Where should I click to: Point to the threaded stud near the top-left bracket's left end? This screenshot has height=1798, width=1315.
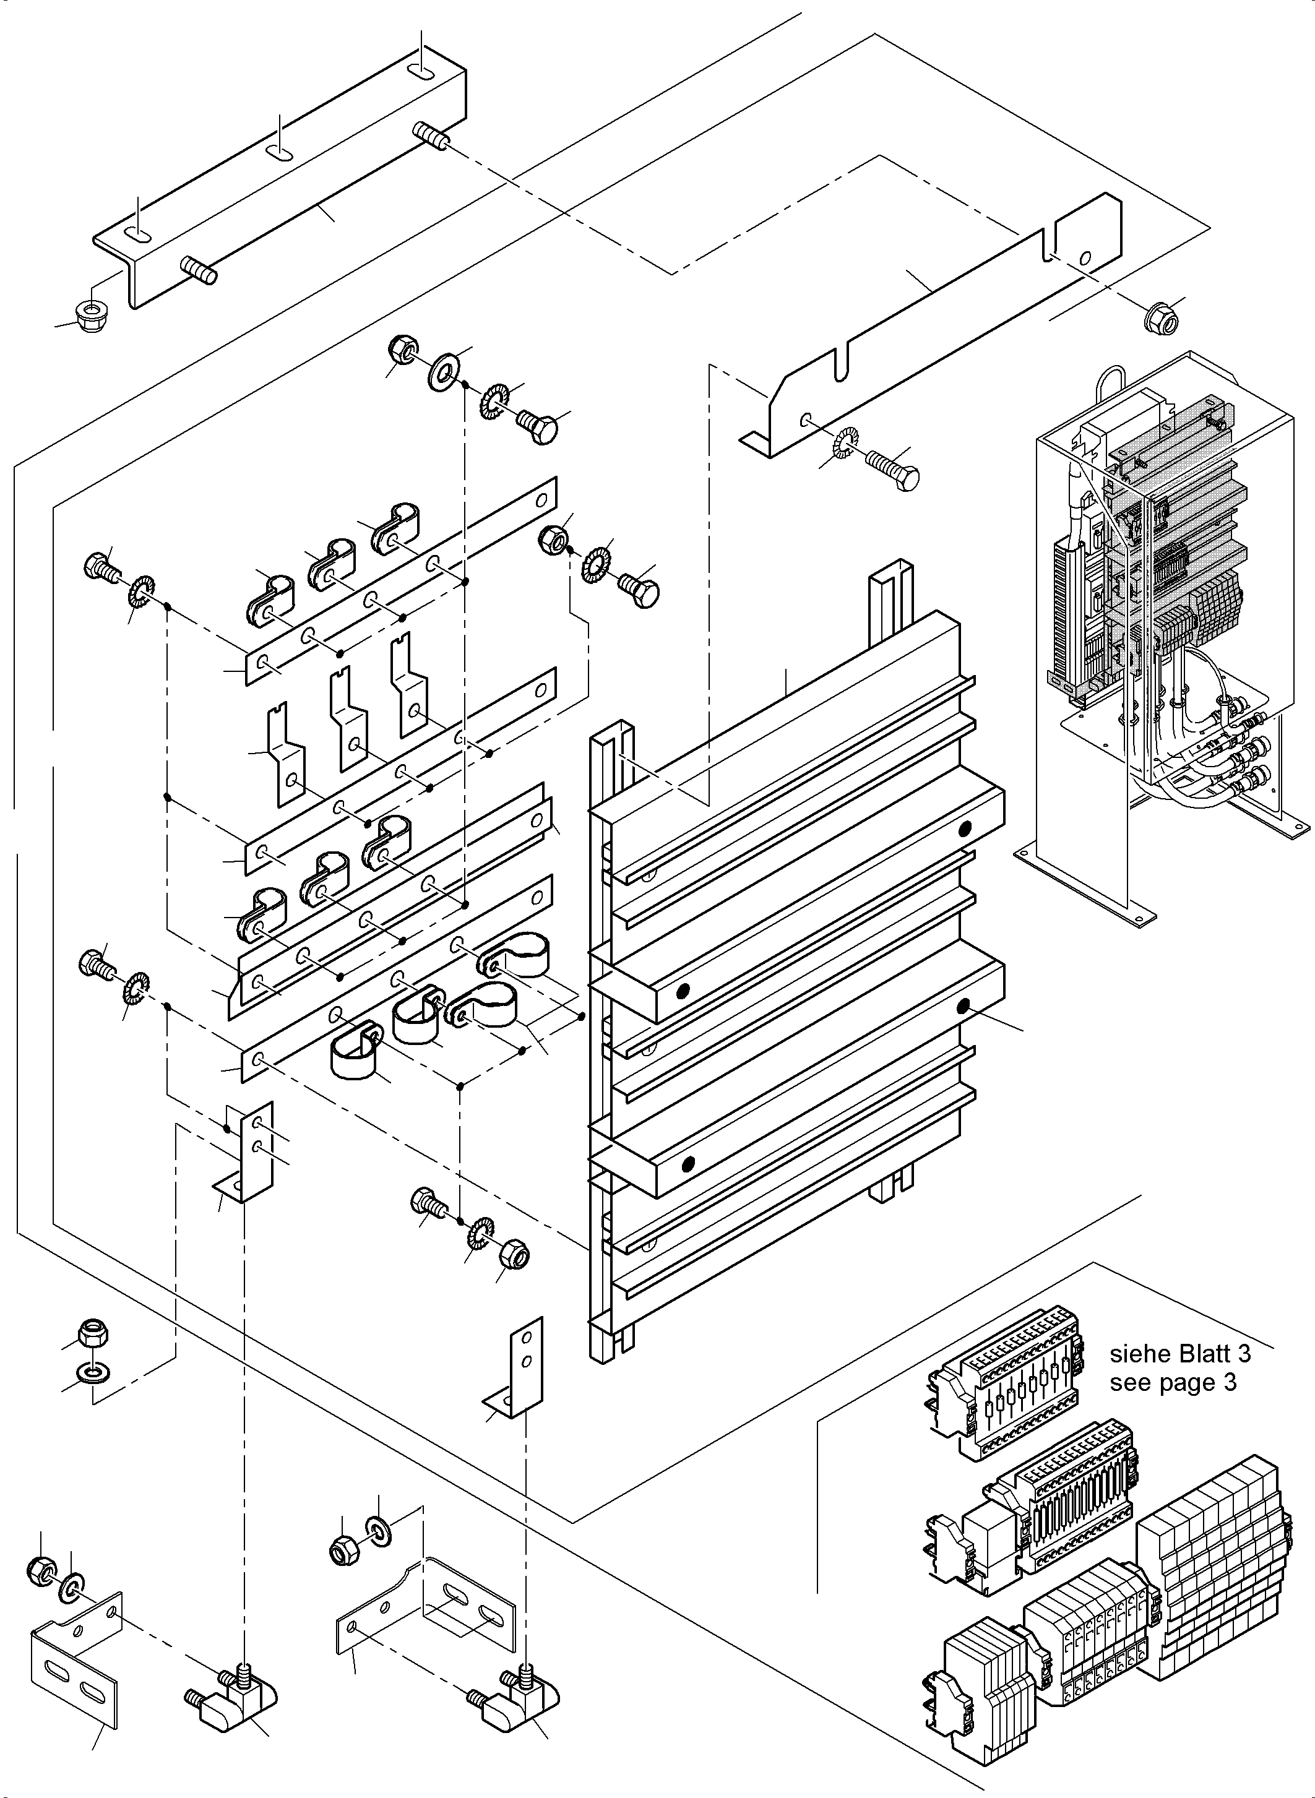(x=200, y=270)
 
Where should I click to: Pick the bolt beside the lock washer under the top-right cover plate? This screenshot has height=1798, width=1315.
(x=894, y=470)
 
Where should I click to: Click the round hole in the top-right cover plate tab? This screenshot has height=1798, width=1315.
(x=1084, y=258)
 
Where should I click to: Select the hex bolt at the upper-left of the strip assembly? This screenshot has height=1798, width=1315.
(x=100, y=567)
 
